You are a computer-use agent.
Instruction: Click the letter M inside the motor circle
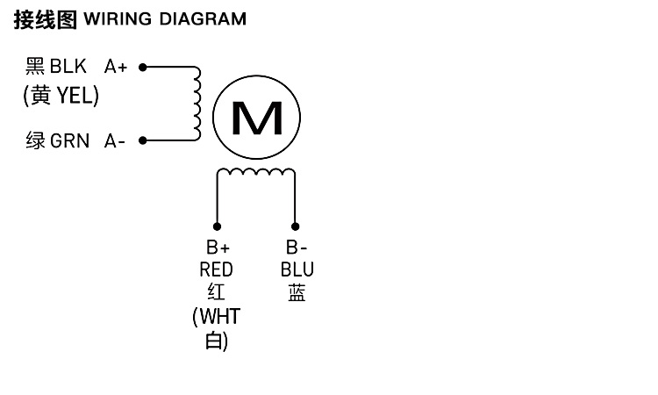click(x=256, y=118)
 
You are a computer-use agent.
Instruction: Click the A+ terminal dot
click(x=142, y=66)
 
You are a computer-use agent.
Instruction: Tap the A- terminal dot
click(x=142, y=140)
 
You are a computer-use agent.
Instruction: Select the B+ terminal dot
click(x=218, y=226)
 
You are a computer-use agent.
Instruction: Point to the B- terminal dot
click(x=295, y=226)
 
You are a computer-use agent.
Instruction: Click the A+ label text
click(x=116, y=67)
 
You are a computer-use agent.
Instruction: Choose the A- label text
click(x=115, y=140)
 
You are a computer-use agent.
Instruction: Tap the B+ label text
click(x=218, y=248)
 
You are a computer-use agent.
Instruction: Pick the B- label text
click(x=297, y=248)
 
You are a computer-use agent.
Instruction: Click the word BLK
click(x=68, y=67)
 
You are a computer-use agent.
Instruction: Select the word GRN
click(x=70, y=140)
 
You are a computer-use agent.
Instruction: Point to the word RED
click(x=217, y=270)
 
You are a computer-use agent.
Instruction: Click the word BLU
click(x=297, y=270)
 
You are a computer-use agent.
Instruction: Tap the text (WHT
click(x=216, y=316)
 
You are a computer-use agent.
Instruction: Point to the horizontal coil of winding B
click(x=256, y=173)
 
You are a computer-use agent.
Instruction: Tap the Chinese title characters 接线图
click(x=45, y=18)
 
